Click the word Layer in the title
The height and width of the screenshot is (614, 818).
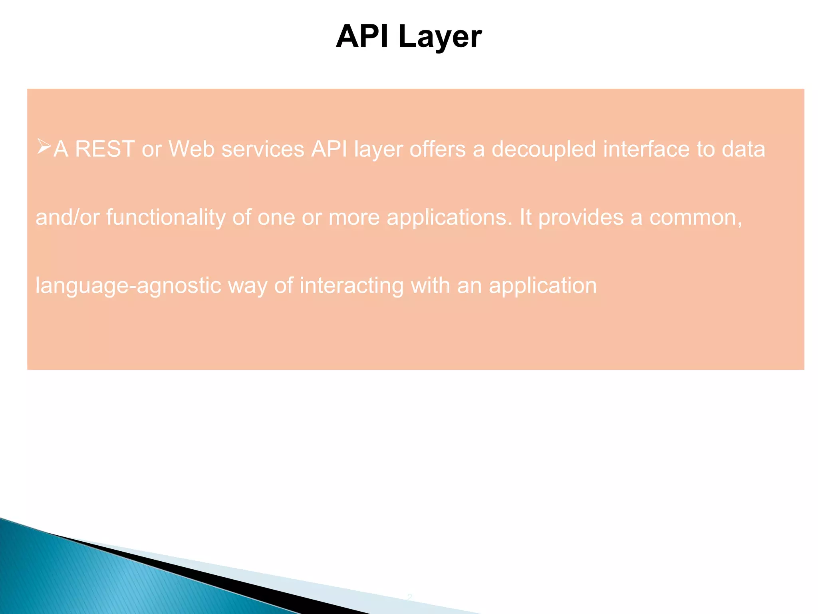(x=440, y=37)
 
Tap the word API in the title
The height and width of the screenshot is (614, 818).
(x=362, y=36)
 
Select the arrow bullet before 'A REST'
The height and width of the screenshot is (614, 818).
(x=44, y=147)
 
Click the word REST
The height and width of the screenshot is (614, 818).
(x=105, y=149)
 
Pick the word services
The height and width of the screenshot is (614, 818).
(x=263, y=149)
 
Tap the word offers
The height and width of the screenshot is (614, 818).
(x=437, y=149)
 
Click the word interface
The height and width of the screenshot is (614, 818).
(x=646, y=149)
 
